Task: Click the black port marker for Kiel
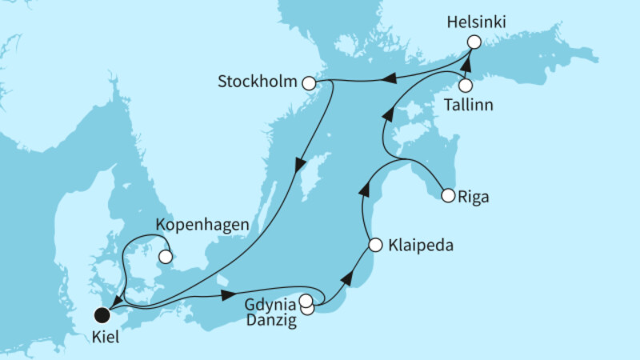[101, 314]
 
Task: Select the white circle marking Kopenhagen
[165, 257]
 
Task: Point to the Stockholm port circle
[309, 82]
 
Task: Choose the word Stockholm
[257, 82]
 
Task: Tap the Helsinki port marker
[474, 42]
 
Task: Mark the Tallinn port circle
[465, 85]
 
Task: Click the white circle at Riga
[447, 194]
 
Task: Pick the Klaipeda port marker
[375, 246]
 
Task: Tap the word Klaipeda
[422, 246]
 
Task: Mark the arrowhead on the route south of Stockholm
[298, 166]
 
